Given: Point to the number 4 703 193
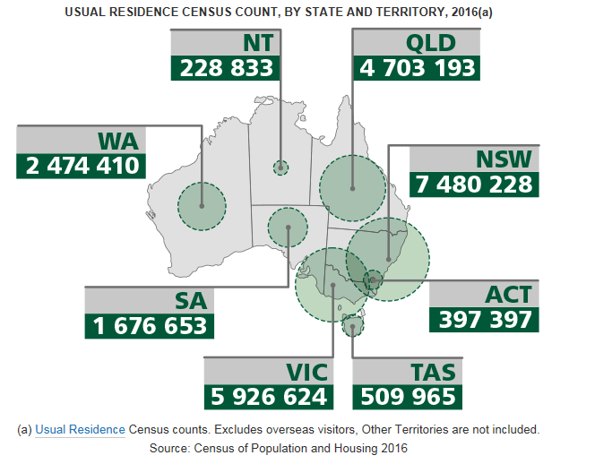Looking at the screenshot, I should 417,68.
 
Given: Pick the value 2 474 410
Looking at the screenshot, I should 79,166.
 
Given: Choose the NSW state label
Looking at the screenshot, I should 504,159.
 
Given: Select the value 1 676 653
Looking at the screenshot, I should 150,325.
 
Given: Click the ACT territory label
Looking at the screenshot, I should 508,294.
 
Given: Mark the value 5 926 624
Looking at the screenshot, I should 269,396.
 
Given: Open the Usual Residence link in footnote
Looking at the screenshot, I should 80,429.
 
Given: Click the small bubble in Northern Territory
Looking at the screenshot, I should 281,167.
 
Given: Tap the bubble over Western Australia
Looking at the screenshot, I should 202,205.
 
